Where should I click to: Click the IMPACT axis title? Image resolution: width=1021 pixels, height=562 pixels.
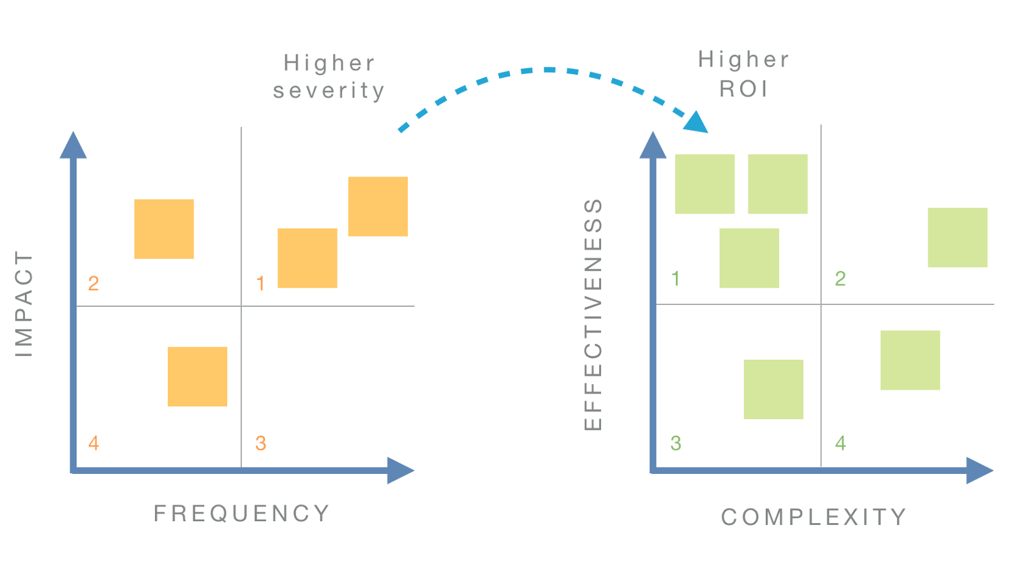(x=24, y=304)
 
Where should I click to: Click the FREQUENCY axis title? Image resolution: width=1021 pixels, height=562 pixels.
(x=242, y=514)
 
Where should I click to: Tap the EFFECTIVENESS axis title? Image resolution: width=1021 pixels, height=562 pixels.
(x=593, y=314)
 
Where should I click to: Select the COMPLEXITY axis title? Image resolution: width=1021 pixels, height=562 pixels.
(x=814, y=517)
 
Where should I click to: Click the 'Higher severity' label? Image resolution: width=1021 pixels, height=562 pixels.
(x=329, y=77)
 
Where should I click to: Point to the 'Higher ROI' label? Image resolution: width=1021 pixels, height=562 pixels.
(x=744, y=74)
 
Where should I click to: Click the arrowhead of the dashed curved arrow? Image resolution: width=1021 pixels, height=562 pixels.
(x=697, y=122)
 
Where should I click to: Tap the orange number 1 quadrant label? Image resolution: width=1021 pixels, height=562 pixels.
(x=260, y=283)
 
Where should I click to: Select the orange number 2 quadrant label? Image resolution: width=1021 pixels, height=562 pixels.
(x=93, y=283)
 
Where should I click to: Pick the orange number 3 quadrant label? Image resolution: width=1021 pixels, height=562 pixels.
(x=260, y=443)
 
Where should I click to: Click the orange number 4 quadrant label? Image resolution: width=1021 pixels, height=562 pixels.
(x=94, y=443)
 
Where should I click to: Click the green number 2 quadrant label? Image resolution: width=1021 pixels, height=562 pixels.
(x=840, y=279)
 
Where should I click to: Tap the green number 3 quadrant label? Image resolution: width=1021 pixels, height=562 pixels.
(x=676, y=443)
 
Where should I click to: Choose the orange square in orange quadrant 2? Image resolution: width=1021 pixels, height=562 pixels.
(x=164, y=229)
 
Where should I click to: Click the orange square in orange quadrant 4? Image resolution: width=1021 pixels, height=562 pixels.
(x=197, y=376)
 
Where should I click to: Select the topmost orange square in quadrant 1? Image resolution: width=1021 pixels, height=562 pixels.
(x=378, y=206)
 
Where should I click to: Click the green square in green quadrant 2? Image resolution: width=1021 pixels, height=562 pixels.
(x=957, y=237)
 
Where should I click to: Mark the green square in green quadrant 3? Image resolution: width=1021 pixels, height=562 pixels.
(x=773, y=389)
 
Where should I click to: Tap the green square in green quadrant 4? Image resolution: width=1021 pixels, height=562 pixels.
(x=910, y=360)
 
